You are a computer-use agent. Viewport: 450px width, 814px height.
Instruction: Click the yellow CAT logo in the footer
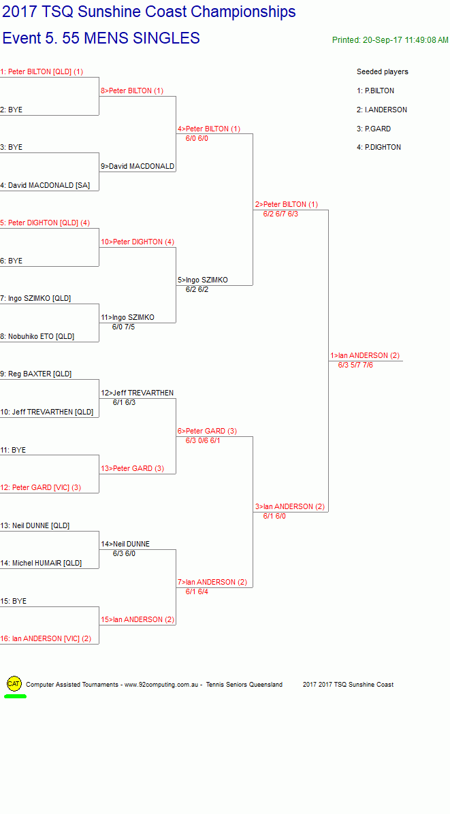pos(14,684)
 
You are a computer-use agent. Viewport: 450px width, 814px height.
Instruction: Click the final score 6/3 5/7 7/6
pos(355,365)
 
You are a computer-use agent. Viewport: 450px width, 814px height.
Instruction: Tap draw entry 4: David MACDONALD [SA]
pos(45,185)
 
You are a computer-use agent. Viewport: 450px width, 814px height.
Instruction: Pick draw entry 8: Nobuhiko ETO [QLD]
pos(37,336)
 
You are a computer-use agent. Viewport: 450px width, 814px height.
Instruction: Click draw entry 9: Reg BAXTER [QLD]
pos(36,374)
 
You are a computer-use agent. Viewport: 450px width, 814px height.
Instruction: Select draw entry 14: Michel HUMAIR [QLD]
pos(41,563)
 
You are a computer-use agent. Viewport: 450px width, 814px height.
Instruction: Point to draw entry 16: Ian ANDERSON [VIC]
pos(46,638)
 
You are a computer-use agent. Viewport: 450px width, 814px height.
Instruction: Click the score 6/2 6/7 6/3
pos(280,214)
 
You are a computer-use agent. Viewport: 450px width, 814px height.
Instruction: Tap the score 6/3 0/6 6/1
pos(203,441)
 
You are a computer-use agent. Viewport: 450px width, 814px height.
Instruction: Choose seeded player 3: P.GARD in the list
pos(374,129)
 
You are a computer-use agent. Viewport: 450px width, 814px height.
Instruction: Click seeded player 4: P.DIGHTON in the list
pos(379,148)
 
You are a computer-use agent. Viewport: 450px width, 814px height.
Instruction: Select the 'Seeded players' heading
pos(383,71)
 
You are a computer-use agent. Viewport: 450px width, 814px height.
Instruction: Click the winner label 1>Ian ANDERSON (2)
pos(365,355)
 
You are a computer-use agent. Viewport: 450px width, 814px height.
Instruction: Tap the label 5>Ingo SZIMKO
pos(203,280)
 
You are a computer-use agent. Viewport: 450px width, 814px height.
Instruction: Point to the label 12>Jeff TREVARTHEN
pos(138,393)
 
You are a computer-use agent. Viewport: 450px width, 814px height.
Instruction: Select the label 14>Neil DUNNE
pos(126,544)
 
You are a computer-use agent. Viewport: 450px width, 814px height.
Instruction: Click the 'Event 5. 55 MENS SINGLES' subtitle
pos(101,38)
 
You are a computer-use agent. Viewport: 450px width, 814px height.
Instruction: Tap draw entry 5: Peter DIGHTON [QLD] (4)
pos(45,223)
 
